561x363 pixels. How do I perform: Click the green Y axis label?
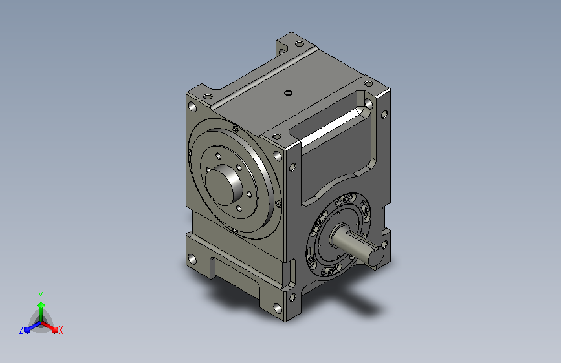pos(41,295)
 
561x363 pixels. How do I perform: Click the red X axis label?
pos(60,330)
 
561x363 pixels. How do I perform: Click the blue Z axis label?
pos(21,330)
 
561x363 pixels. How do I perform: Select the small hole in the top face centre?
pos(288,93)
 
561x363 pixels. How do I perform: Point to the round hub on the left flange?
pos(224,185)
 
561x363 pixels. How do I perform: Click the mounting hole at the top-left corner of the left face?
pos(192,107)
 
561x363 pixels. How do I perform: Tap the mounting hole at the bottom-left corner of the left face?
pos(192,259)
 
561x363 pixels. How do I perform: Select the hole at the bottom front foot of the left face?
pos(278,307)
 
